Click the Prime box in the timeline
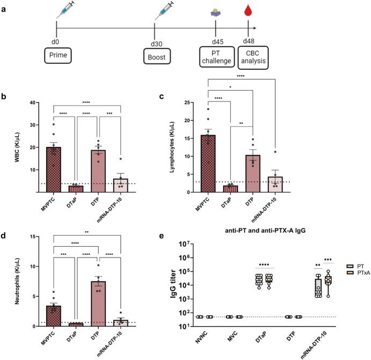tap(56, 55)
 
